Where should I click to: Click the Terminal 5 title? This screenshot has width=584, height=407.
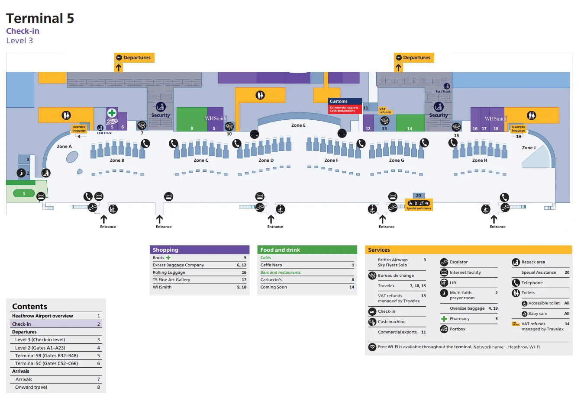coord(40,18)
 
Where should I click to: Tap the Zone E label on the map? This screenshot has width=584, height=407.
coord(298,125)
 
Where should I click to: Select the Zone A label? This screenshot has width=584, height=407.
coord(64,147)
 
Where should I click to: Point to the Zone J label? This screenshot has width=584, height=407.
coord(529,148)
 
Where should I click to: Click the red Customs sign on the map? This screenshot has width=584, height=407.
coord(345,106)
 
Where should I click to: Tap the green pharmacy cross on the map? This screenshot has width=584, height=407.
coord(112,113)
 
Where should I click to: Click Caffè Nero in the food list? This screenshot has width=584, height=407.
coord(271,265)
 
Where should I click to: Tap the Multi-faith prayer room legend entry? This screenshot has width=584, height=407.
coord(461,295)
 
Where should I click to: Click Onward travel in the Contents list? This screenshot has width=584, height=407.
coord(31,388)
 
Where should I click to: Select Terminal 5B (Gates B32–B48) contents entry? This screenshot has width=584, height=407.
coord(46,356)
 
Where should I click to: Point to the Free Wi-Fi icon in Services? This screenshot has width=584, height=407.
coord(372,347)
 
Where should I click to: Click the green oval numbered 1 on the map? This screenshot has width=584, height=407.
coord(24,194)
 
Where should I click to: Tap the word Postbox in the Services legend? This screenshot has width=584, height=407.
coord(458,329)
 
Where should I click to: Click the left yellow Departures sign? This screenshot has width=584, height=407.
coord(134,58)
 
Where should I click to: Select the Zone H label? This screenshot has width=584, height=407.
coord(479,160)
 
